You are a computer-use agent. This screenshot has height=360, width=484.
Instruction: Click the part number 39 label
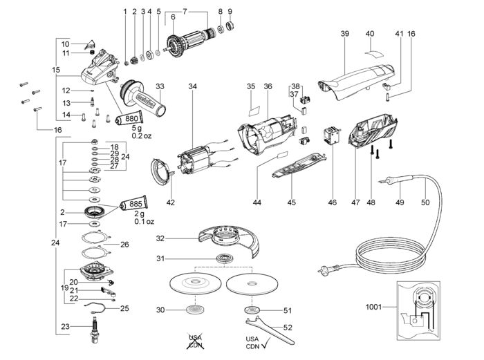(x=345, y=33)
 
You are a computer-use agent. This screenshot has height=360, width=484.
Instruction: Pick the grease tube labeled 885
(x=136, y=205)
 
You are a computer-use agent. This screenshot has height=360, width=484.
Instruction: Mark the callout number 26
(x=125, y=245)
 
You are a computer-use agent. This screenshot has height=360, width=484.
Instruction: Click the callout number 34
(x=192, y=86)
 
